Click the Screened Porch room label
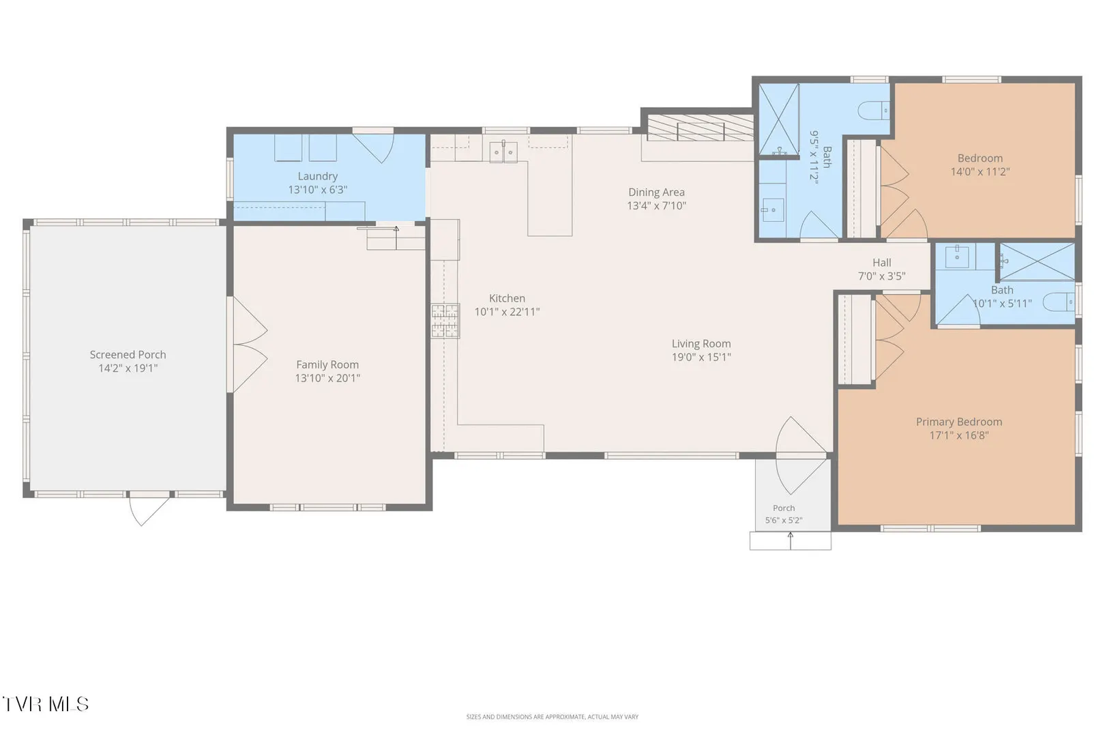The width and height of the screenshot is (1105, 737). [x=128, y=354]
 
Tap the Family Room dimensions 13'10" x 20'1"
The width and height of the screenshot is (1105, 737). [x=327, y=378]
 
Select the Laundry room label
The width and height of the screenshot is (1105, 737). [x=318, y=176]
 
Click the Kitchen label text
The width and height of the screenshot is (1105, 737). [x=507, y=298]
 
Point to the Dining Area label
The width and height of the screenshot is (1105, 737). [x=657, y=192]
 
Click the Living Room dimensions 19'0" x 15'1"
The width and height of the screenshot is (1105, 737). [x=701, y=357]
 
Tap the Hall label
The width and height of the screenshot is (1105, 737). [x=882, y=263]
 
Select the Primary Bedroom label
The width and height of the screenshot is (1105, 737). [x=959, y=422]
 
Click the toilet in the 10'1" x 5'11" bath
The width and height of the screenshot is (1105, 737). [x=1059, y=302]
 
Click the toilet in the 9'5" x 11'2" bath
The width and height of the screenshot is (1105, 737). [x=874, y=110]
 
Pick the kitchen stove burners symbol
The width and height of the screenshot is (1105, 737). [x=445, y=321]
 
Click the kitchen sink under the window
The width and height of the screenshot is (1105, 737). [x=503, y=152]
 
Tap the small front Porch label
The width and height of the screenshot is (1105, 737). [x=784, y=508]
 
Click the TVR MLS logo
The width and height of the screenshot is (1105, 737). [x=46, y=704]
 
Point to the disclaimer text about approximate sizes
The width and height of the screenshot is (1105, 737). [x=552, y=717]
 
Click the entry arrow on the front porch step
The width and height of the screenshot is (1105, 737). [x=791, y=540]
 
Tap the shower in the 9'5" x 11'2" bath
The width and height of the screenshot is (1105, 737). [x=778, y=119]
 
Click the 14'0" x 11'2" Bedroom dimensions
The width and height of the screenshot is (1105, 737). [x=980, y=172]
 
